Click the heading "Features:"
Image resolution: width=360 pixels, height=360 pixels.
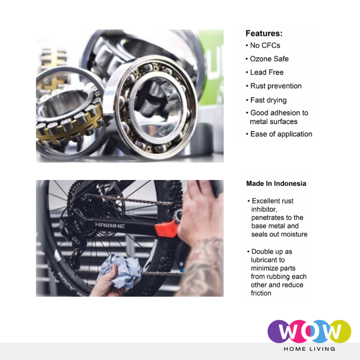pos(264,33)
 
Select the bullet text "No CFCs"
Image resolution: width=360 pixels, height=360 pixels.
pos(265,45)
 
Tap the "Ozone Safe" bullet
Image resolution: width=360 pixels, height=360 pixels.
pos(269,59)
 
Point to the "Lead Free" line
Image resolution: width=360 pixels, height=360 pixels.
pos(267,72)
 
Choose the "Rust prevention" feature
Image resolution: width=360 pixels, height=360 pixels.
pos(276,86)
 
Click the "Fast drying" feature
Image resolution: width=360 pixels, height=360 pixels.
pos(268,100)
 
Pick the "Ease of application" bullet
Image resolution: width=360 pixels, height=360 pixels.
pos(281,134)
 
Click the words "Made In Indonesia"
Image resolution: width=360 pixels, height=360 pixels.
pos(276,184)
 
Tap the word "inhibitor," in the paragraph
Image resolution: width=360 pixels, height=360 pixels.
pos(264,210)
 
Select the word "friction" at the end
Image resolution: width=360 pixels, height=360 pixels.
pos(261,293)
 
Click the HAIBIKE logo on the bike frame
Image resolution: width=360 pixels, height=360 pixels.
pos(110,225)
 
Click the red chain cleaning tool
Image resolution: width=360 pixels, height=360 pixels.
pos(166,228)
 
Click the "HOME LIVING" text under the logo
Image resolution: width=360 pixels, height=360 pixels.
pos(309,349)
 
